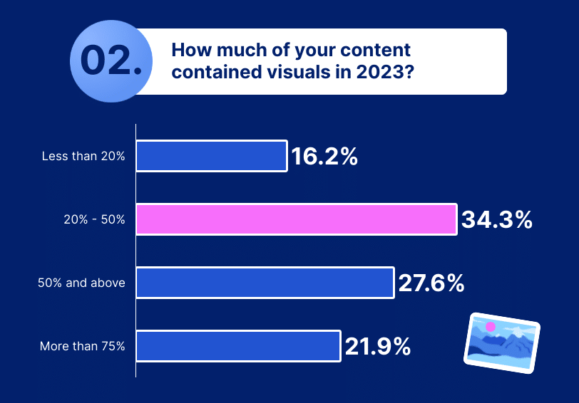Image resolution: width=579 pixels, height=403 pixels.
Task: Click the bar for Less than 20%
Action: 211,156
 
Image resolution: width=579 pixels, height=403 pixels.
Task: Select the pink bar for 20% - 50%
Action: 296,219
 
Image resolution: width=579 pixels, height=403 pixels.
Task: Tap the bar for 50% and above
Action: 265,283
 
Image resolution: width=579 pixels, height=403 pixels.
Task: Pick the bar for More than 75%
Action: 237,346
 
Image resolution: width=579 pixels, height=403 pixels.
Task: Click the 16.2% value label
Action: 324,157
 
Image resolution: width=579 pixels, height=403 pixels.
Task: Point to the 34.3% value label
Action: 497,220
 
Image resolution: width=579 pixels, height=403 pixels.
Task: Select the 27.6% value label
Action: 431,283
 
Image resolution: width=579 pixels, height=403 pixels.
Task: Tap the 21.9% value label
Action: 378,347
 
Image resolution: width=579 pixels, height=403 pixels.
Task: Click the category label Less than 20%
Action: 83,157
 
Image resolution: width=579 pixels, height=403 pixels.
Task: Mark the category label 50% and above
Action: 81,283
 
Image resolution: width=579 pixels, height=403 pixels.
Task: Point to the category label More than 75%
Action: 83,347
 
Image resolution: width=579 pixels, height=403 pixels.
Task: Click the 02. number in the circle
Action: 111,61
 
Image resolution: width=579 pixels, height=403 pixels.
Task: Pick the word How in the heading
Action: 188,51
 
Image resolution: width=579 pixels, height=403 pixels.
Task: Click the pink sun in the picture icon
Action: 490,327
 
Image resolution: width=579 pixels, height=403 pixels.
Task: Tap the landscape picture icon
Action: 501,342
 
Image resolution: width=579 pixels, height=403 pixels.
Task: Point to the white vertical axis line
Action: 135,249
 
